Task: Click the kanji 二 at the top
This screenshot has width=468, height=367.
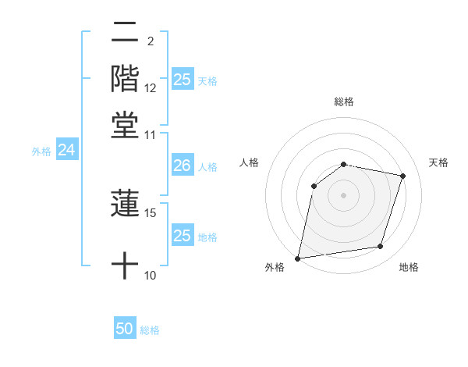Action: pyautogui.click(x=125, y=34)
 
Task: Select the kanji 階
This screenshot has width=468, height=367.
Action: pyautogui.click(x=125, y=78)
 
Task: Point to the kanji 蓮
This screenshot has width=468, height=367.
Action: pyautogui.click(x=125, y=204)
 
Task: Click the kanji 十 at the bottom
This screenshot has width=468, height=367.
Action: pyautogui.click(x=125, y=265)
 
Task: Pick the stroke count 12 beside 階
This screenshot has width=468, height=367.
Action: pyautogui.click(x=151, y=88)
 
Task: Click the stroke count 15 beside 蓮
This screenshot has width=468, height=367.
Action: pyautogui.click(x=151, y=212)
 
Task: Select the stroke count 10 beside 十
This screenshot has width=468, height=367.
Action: pyautogui.click(x=151, y=275)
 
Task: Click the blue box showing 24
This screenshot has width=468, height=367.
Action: pyautogui.click(x=66, y=150)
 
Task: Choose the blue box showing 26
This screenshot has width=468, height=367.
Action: pyautogui.click(x=182, y=166)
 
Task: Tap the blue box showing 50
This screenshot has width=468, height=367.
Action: pyautogui.click(x=125, y=329)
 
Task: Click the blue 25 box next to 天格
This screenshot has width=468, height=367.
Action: pyautogui.click(x=182, y=79)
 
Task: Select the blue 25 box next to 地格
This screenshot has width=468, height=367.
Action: pyautogui.click(x=182, y=236)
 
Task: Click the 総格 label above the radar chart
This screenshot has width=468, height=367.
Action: pyautogui.click(x=344, y=102)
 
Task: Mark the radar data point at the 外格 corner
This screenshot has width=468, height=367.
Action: pyautogui.click(x=298, y=258)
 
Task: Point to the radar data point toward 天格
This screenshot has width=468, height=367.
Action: pyautogui.click(x=403, y=176)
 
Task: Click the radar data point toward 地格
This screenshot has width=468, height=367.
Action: pyautogui.click(x=381, y=247)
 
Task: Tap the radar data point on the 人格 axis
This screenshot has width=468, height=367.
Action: pyautogui.click(x=314, y=186)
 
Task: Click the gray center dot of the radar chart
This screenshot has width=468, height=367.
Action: pyautogui.click(x=344, y=195)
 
